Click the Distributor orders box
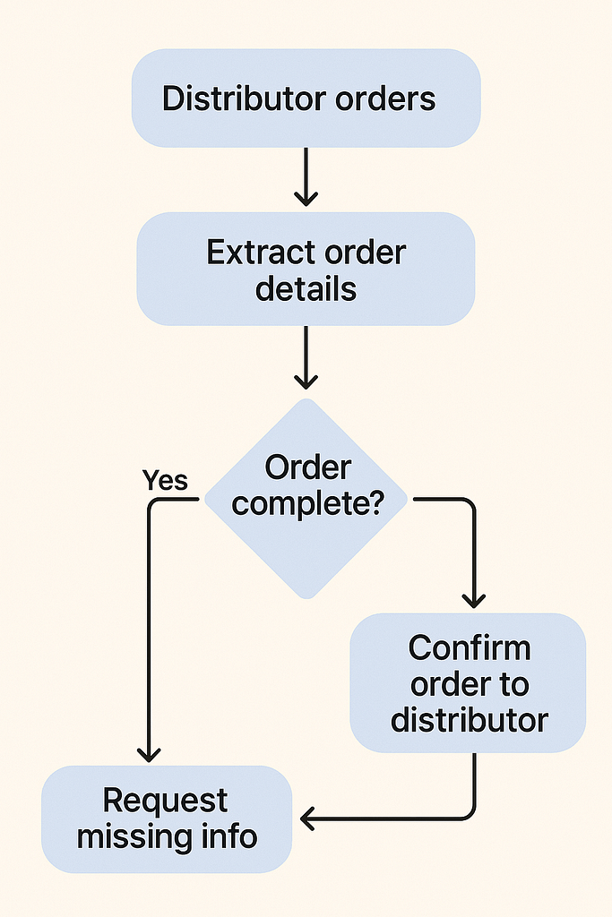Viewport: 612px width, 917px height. click(306, 98)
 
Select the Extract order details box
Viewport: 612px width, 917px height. click(306, 270)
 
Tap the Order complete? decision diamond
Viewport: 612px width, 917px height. click(306, 498)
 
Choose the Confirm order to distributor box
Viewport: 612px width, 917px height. click(468, 682)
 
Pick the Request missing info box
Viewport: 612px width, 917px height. click(167, 818)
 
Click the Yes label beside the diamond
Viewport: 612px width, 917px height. click(165, 481)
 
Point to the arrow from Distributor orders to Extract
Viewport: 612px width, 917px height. click(306, 176)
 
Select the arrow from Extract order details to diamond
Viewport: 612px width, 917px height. click(306, 356)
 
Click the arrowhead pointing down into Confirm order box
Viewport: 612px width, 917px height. click(472, 599)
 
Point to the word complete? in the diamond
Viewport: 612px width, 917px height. click(307, 504)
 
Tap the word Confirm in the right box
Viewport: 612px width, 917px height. click(470, 647)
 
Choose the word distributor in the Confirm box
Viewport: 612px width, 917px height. click(469, 719)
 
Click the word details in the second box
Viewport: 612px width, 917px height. click(306, 289)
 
